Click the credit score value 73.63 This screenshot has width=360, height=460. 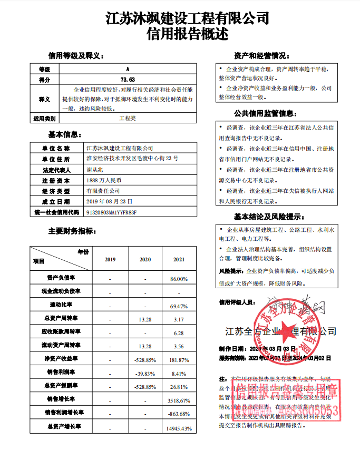click(x=128, y=79)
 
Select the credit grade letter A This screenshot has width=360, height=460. click(x=128, y=69)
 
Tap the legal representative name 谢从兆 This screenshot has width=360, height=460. click(x=95, y=170)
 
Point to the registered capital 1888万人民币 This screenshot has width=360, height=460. click(x=103, y=180)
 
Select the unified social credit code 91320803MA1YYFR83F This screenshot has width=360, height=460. click(x=111, y=212)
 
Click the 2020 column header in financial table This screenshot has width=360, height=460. click(x=144, y=260)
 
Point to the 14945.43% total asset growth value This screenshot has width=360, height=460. click(x=177, y=428)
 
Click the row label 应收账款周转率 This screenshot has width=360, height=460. click(x=61, y=333)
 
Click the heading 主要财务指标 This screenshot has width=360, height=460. click(x=72, y=231)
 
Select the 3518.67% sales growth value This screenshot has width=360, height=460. click(x=178, y=400)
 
